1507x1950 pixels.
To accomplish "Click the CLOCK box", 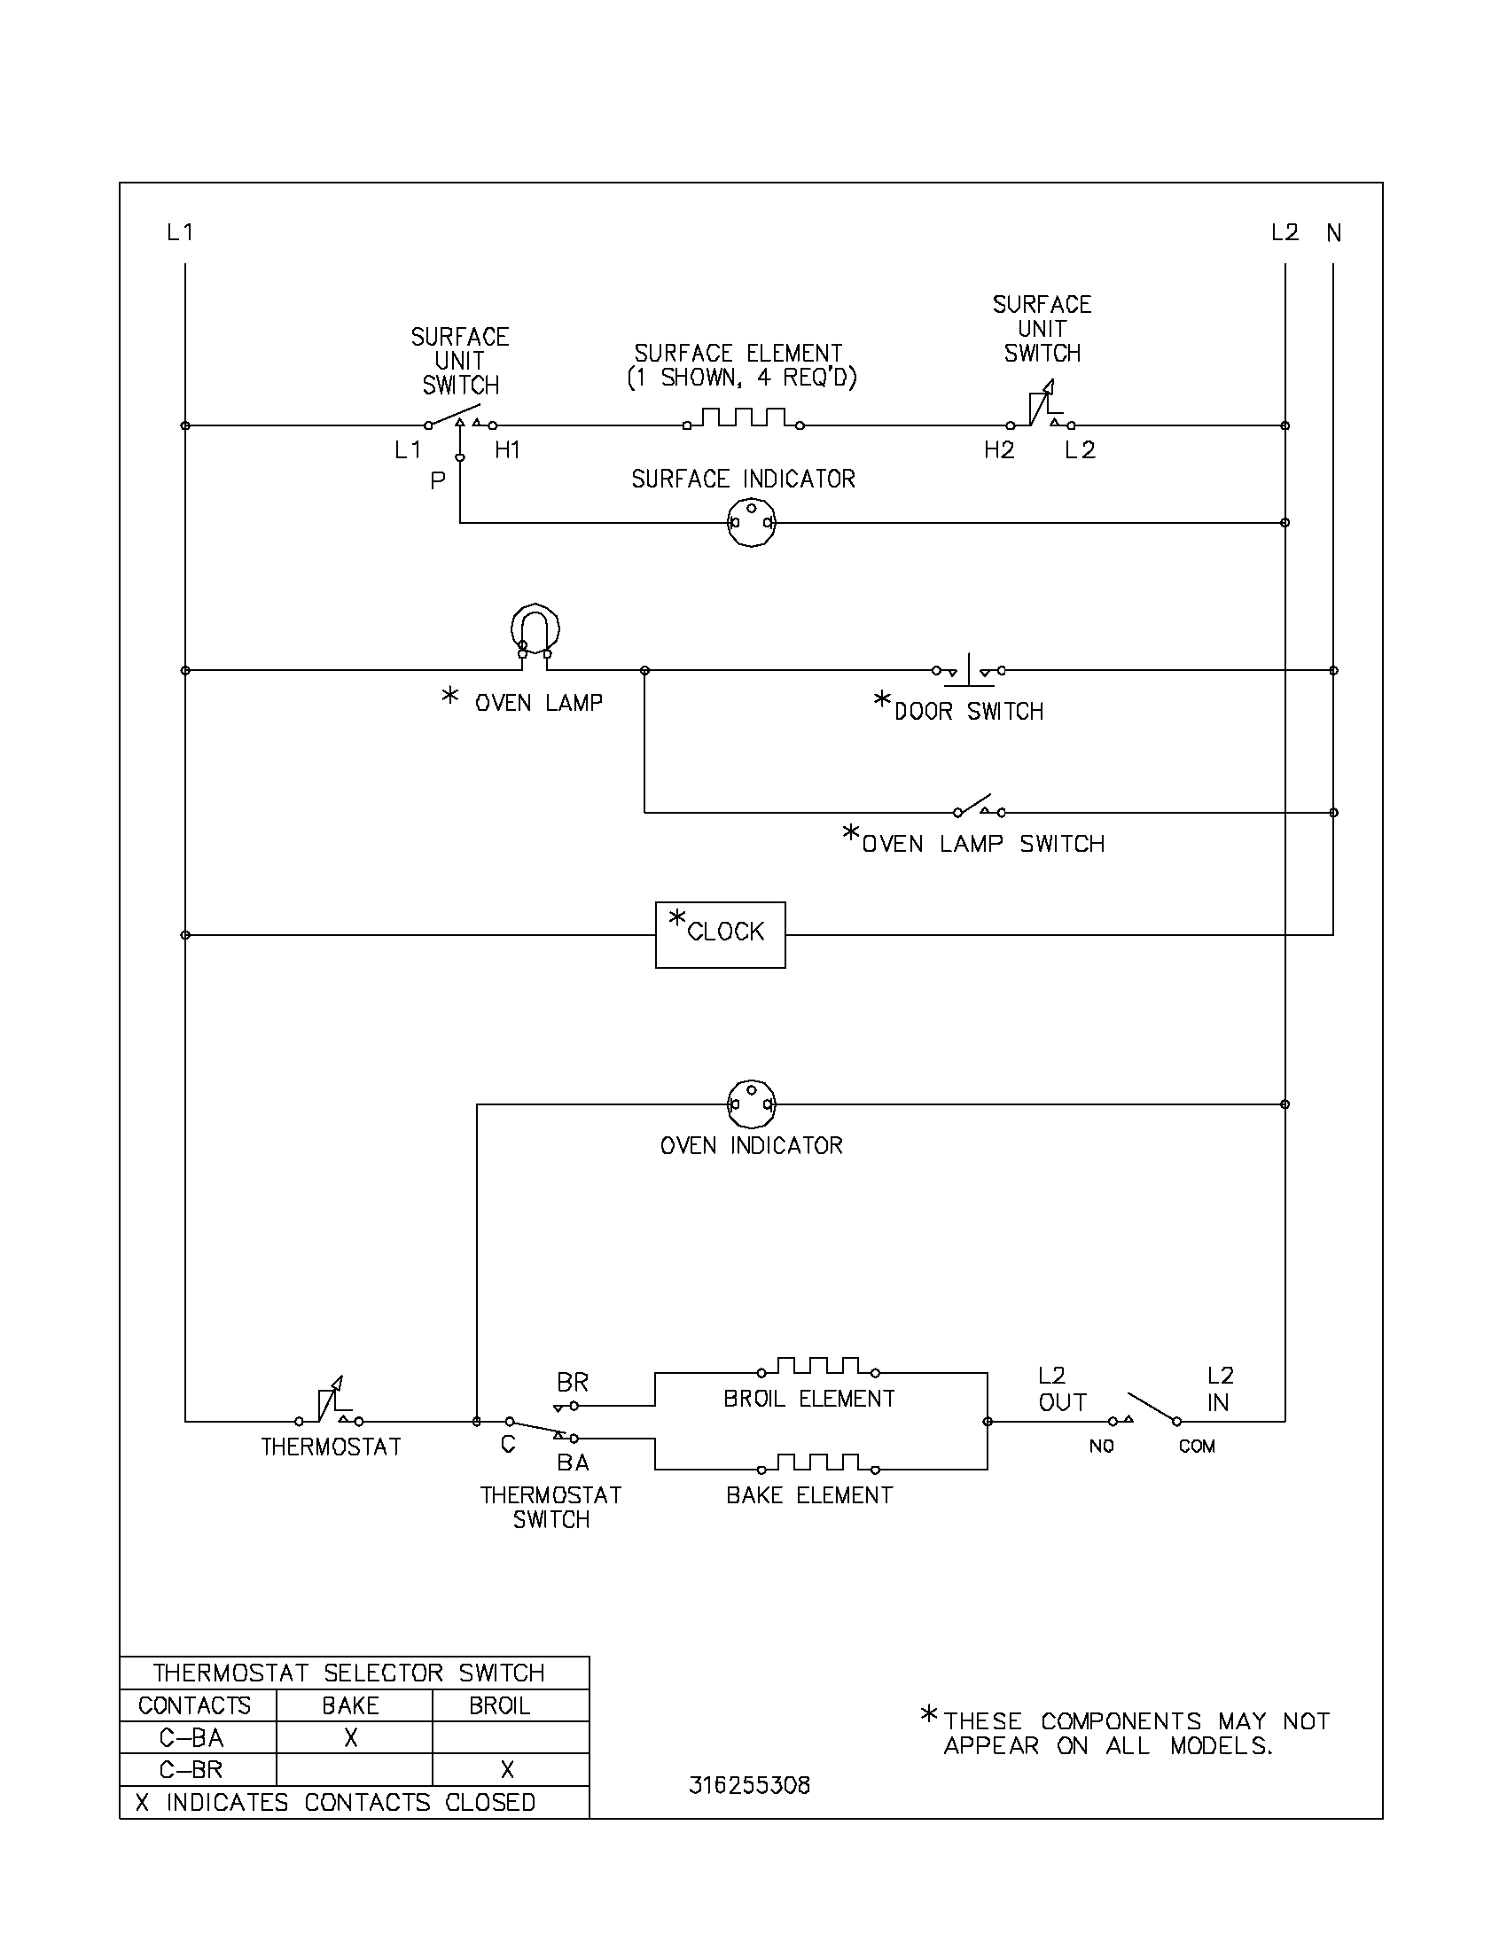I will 720,934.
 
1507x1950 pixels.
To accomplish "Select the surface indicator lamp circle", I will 752,522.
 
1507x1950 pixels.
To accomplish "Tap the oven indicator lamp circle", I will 752,1104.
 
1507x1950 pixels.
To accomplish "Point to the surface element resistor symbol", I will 743,417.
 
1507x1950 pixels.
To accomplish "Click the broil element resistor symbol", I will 817,1367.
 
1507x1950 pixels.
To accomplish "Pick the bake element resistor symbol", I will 817,1463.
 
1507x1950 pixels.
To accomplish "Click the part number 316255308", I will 749,1785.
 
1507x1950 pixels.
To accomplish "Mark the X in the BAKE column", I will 351,1736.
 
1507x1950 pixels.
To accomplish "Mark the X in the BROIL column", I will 507,1769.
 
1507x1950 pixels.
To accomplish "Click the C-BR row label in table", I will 191,1769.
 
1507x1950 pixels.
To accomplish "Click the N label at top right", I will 1333,233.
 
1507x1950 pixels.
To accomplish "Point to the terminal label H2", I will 999,450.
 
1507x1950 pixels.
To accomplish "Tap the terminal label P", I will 437,481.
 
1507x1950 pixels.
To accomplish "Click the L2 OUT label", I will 1059,1389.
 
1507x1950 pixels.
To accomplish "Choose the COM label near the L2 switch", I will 1197,1447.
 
